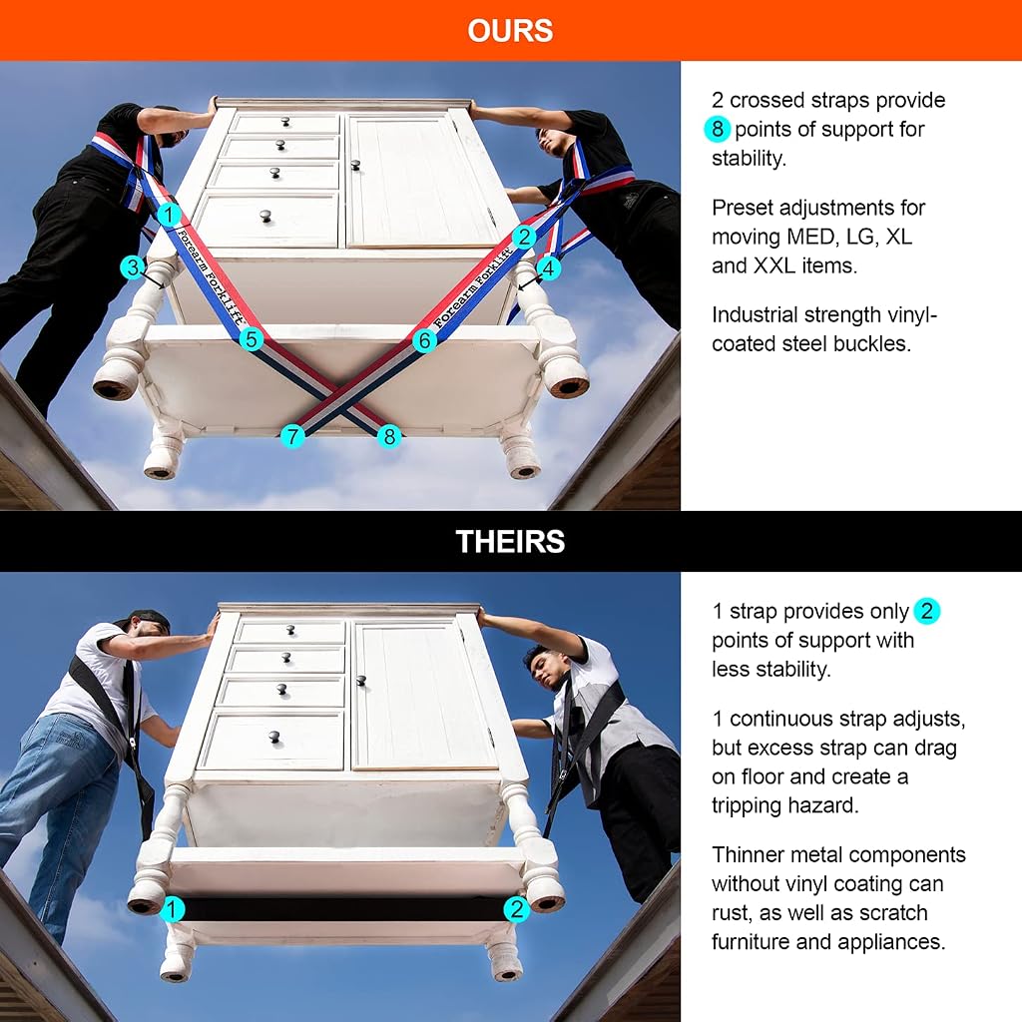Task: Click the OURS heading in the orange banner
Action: coord(510,31)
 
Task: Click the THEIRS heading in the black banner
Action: coord(510,542)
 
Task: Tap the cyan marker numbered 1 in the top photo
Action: coord(169,214)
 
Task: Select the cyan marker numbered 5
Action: coord(251,339)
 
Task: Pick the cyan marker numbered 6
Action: coord(424,340)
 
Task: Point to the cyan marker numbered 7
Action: coord(292,436)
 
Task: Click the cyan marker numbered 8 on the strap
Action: coord(389,436)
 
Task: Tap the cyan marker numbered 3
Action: coord(133,266)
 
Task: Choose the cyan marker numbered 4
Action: coord(549,267)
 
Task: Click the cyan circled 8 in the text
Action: coord(717,129)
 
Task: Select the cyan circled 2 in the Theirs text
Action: coord(926,612)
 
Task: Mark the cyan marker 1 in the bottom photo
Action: coord(172,909)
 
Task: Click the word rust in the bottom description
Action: coord(732,914)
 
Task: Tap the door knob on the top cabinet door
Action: coord(355,165)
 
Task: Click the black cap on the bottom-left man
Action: coord(146,619)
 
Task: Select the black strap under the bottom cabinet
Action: coord(343,909)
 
